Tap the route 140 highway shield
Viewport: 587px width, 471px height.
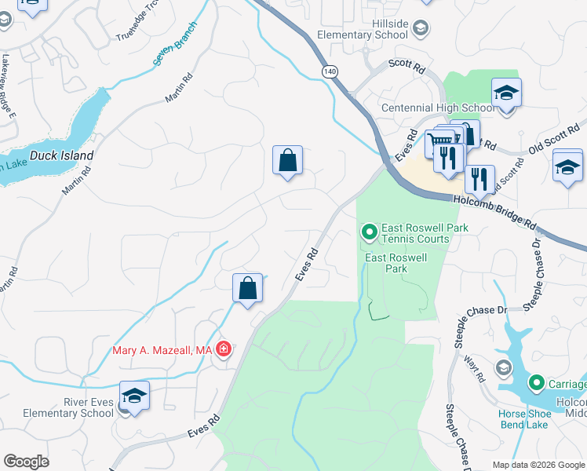[328, 71]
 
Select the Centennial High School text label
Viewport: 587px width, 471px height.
[438, 108]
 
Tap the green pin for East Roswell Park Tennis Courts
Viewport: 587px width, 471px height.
[367, 232]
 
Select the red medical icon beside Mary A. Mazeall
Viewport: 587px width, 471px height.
[224, 349]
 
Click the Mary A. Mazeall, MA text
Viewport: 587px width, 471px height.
[162, 351]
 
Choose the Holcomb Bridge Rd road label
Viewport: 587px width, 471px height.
[494, 213]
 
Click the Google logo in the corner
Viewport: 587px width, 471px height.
[26, 462]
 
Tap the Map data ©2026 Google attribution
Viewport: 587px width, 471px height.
[538, 465]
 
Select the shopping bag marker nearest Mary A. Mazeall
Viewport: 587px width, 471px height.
[248, 288]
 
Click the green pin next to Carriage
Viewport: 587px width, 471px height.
[537, 383]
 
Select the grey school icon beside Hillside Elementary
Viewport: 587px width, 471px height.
[421, 29]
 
